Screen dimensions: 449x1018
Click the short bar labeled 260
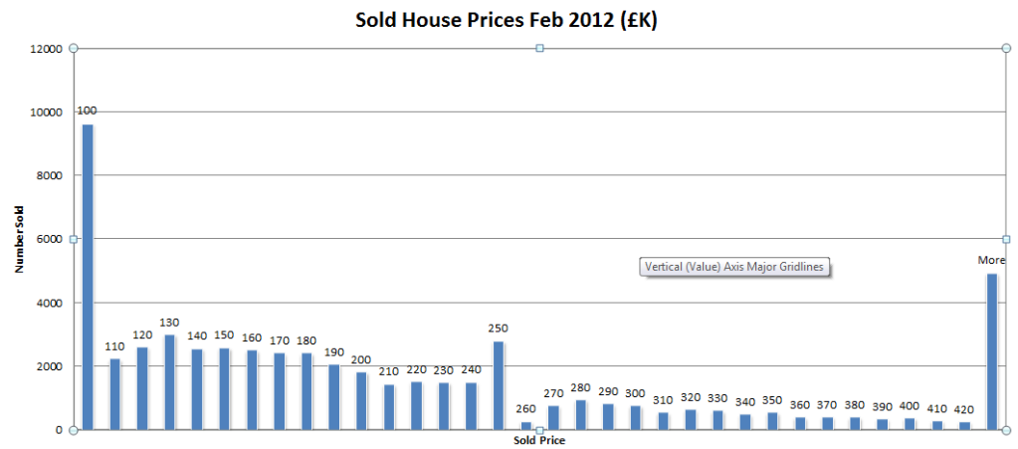(x=525, y=425)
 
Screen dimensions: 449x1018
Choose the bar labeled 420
(x=964, y=425)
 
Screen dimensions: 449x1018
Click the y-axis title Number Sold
(x=19, y=238)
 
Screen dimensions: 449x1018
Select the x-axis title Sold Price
(x=539, y=439)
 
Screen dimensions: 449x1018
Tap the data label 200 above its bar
(x=361, y=359)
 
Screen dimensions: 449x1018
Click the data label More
(x=991, y=260)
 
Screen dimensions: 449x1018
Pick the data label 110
(x=115, y=345)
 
